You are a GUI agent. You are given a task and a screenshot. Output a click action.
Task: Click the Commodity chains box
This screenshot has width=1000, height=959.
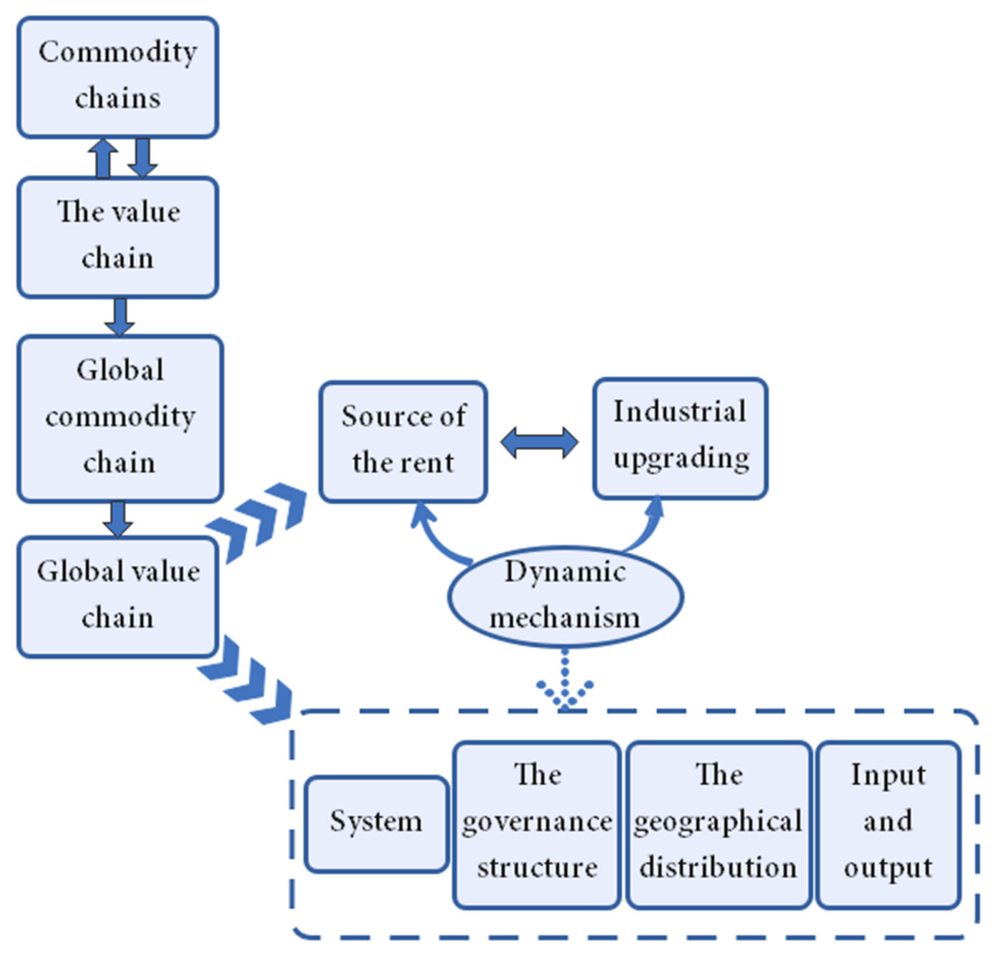pyautogui.click(x=118, y=77)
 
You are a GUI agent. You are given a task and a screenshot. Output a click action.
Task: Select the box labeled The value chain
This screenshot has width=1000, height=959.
pyautogui.click(x=118, y=237)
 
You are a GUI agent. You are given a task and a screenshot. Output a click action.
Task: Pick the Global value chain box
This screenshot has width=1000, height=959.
pyautogui.click(x=118, y=596)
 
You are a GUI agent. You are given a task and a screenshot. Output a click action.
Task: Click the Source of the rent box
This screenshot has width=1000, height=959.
pyautogui.click(x=403, y=441)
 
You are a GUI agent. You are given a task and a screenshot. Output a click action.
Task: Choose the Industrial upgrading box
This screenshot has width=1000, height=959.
pyautogui.click(x=680, y=438)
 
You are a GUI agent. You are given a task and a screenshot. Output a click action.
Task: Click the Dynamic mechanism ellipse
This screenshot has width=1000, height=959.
pyautogui.click(x=565, y=596)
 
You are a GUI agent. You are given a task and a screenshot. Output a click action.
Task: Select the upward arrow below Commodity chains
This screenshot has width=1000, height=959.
pyautogui.click(x=103, y=158)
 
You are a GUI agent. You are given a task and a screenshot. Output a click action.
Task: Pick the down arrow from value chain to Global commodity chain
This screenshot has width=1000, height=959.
pyautogui.click(x=120, y=316)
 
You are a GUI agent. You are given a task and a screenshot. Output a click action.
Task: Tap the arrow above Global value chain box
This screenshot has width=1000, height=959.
pyautogui.click(x=118, y=519)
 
